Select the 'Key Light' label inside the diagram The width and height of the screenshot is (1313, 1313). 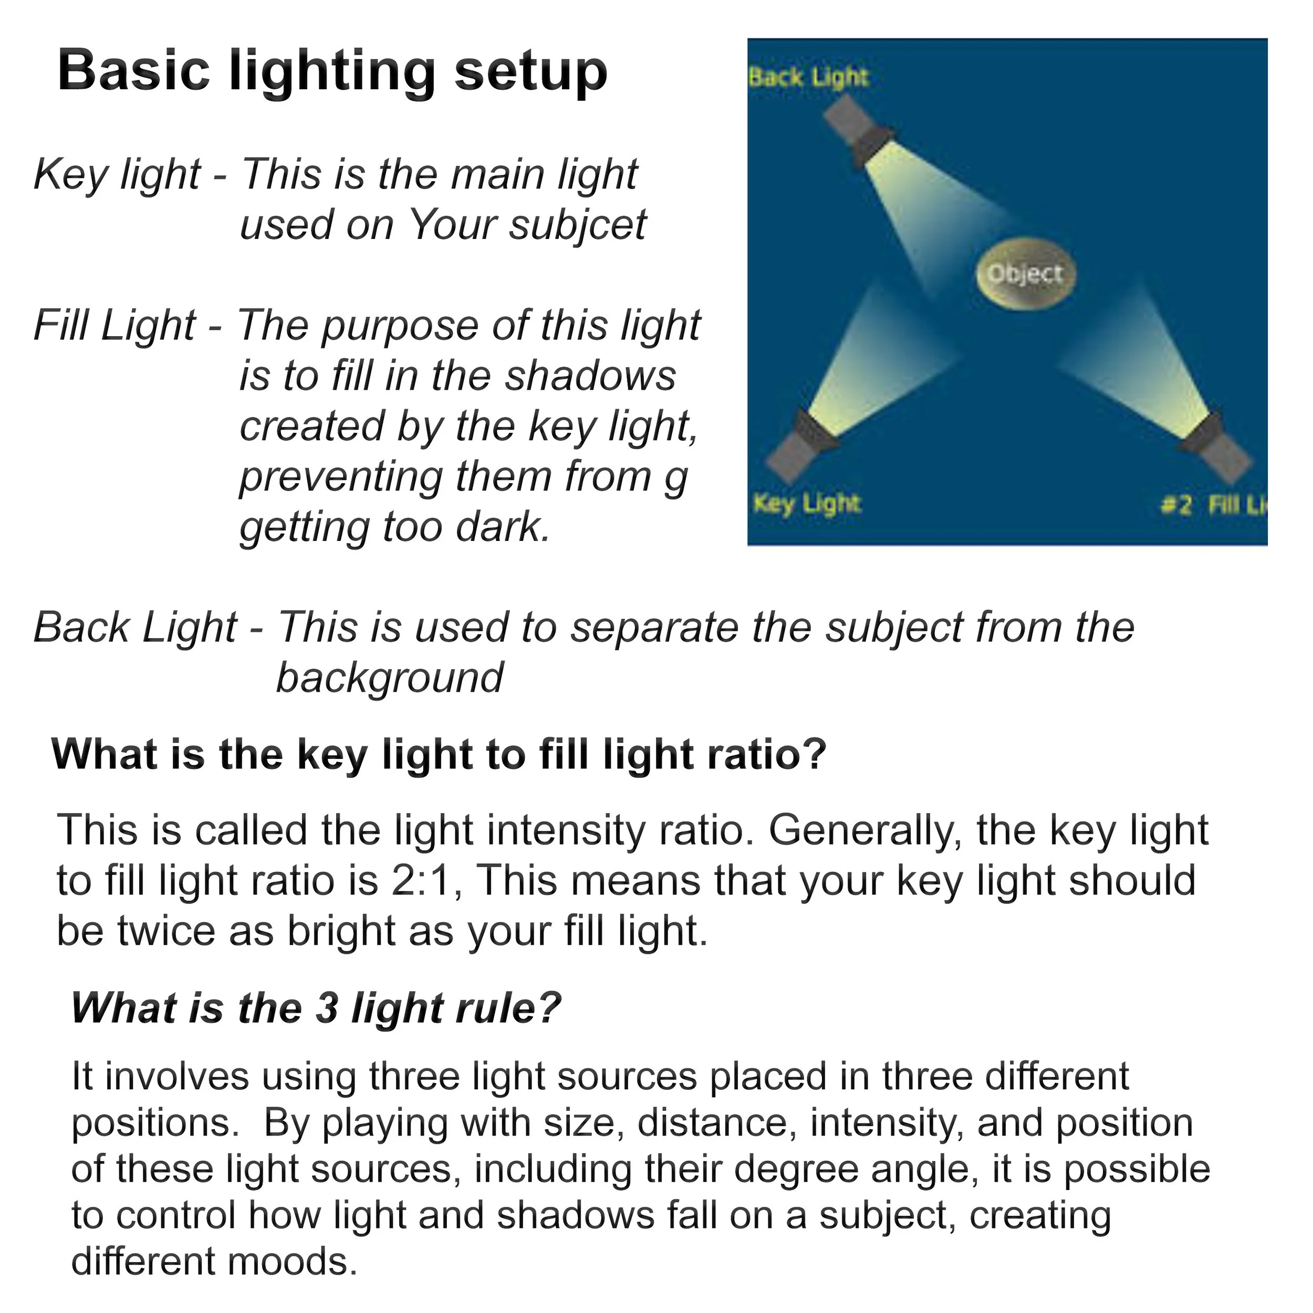pyautogui.click(x=807, y=504)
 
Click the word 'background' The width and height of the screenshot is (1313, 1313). pyautogui.click(x=389, y=678)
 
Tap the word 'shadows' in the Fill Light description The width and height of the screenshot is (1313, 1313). pyautogui.click(x=590, y=376)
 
